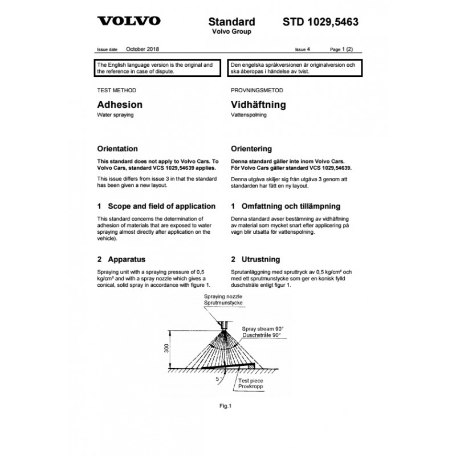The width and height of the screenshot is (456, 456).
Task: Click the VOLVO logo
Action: click(x=129, y=22)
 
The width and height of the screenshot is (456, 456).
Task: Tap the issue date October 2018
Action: click(x=143, y=50)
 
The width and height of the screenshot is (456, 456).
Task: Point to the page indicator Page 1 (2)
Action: click(x=344, y=50)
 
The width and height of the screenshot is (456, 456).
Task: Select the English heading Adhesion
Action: click(x=120, y=105)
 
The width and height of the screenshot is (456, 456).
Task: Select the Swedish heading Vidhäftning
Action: click(x=258, y=105)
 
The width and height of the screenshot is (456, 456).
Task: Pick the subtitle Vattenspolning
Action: click(x=249, y=115)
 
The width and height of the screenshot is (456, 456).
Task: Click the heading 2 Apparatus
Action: click(x=123, y=258)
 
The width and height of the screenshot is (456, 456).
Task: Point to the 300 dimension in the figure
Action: click(x=167, y=348)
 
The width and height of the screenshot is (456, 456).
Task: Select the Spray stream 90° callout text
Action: click(x=262, y=329)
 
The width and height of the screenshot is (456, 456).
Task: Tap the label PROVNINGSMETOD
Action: click(x=256, y=91)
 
